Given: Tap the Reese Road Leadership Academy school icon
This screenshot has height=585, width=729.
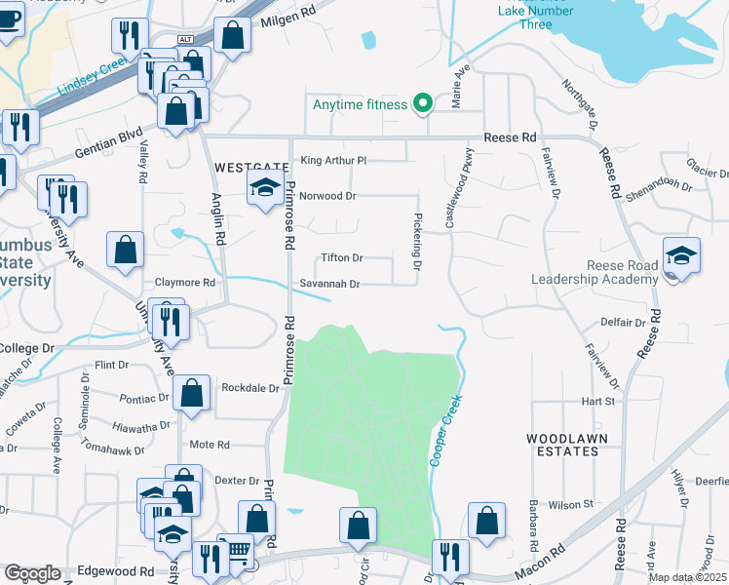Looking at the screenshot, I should coord(681,256).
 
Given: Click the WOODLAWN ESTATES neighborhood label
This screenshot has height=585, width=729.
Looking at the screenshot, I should coord(561,445).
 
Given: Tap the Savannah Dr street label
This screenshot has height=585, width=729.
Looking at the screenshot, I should coord(329,284).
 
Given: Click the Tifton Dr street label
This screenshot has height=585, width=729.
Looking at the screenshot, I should coord(342,258).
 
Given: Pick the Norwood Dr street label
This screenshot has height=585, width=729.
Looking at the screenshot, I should coord(327,195).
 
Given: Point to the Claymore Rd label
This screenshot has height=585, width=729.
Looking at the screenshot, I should coord(185,283).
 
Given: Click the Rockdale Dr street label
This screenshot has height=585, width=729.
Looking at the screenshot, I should coord(250,386).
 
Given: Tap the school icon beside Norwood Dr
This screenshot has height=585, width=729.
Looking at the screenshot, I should coord(263,188).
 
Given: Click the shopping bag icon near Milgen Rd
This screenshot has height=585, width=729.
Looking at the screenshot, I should coord(233,36).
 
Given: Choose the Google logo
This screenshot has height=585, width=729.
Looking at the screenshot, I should coord(32,573).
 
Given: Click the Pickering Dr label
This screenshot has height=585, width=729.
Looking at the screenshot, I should coord(417,243).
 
